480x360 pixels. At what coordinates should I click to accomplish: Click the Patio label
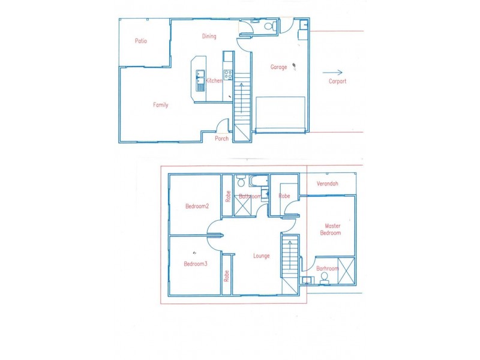coord(141,41)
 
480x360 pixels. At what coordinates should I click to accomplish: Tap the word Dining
coord(209,37)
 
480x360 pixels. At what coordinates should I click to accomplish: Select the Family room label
coord(160,105)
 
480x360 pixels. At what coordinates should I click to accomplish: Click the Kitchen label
coord(214,81)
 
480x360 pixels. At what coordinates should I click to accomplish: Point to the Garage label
coord(278,67)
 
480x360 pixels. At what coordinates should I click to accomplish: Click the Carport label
coord(337,82)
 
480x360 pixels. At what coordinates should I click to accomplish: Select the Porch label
coord(222,139)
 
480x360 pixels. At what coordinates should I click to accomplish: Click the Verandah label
coord(327,184)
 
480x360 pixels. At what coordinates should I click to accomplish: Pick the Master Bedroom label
coord(330,229)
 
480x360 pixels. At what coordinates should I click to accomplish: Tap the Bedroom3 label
coord(196,264)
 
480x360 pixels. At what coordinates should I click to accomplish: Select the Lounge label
coord(261,256)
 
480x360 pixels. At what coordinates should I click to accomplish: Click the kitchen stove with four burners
coord(228,75)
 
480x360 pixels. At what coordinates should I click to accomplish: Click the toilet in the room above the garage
coord(269,26)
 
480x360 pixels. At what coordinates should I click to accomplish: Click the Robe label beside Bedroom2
coord(228,196)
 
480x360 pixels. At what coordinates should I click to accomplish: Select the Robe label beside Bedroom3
coord(227,276)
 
